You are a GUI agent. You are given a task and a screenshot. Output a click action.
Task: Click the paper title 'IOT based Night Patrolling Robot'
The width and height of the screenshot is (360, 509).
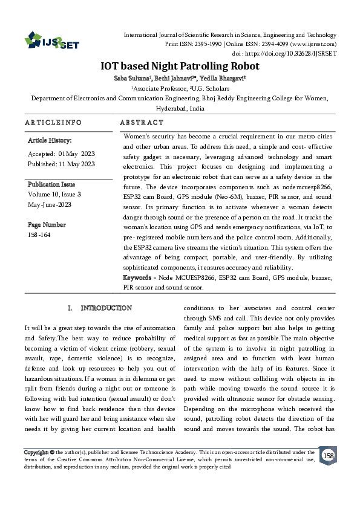[180, 66]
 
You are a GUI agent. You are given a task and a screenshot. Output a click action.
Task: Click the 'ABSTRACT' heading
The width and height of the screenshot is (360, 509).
[142, 123]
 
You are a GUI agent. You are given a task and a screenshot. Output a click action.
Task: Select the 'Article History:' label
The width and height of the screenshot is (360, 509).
[50, 140]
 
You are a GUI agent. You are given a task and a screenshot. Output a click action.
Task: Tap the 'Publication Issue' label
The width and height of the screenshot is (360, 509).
[51, 184]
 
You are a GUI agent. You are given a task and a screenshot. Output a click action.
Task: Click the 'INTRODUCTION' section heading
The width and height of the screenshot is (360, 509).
[106, 308]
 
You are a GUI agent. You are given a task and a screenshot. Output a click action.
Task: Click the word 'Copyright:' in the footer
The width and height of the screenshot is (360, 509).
[36, 452]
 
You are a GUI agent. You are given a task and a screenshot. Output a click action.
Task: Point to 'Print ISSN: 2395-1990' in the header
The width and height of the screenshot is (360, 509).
[194, 44]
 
